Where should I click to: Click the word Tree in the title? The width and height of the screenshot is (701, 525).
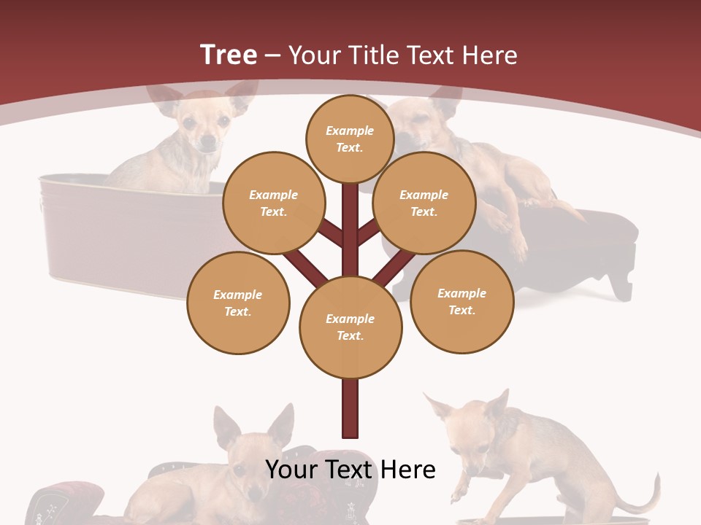coord(229,55)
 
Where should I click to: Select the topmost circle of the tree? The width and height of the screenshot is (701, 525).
coord(350,139)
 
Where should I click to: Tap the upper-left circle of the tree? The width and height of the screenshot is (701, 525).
coord(273,203)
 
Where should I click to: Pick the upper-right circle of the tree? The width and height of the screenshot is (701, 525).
coord(424,203)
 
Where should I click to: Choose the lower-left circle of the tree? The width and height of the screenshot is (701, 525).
coord(238,303)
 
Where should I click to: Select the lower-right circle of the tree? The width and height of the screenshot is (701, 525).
coord(461,301)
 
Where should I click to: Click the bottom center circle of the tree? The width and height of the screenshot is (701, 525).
coord(350,327)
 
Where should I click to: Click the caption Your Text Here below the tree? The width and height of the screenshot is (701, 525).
coord(350,470)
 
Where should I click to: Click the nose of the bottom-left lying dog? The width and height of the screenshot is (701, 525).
coord(253,493)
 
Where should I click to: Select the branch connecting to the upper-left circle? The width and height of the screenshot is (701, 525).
coord(333,233)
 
